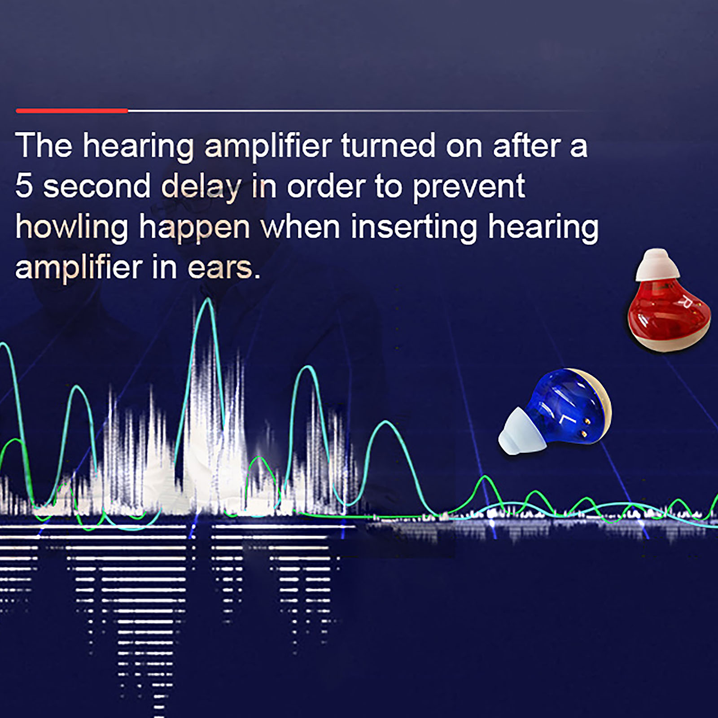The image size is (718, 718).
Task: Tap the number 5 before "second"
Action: (x=24, y=186)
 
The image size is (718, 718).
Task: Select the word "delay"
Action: (x=201, y=188)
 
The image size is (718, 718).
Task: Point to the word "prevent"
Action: (x=468, y=188)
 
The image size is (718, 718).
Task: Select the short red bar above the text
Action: (x=72, y=110)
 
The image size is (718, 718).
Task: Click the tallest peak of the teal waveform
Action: (x=207, y=299)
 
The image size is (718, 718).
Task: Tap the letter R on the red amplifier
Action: (x=685, y=302)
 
